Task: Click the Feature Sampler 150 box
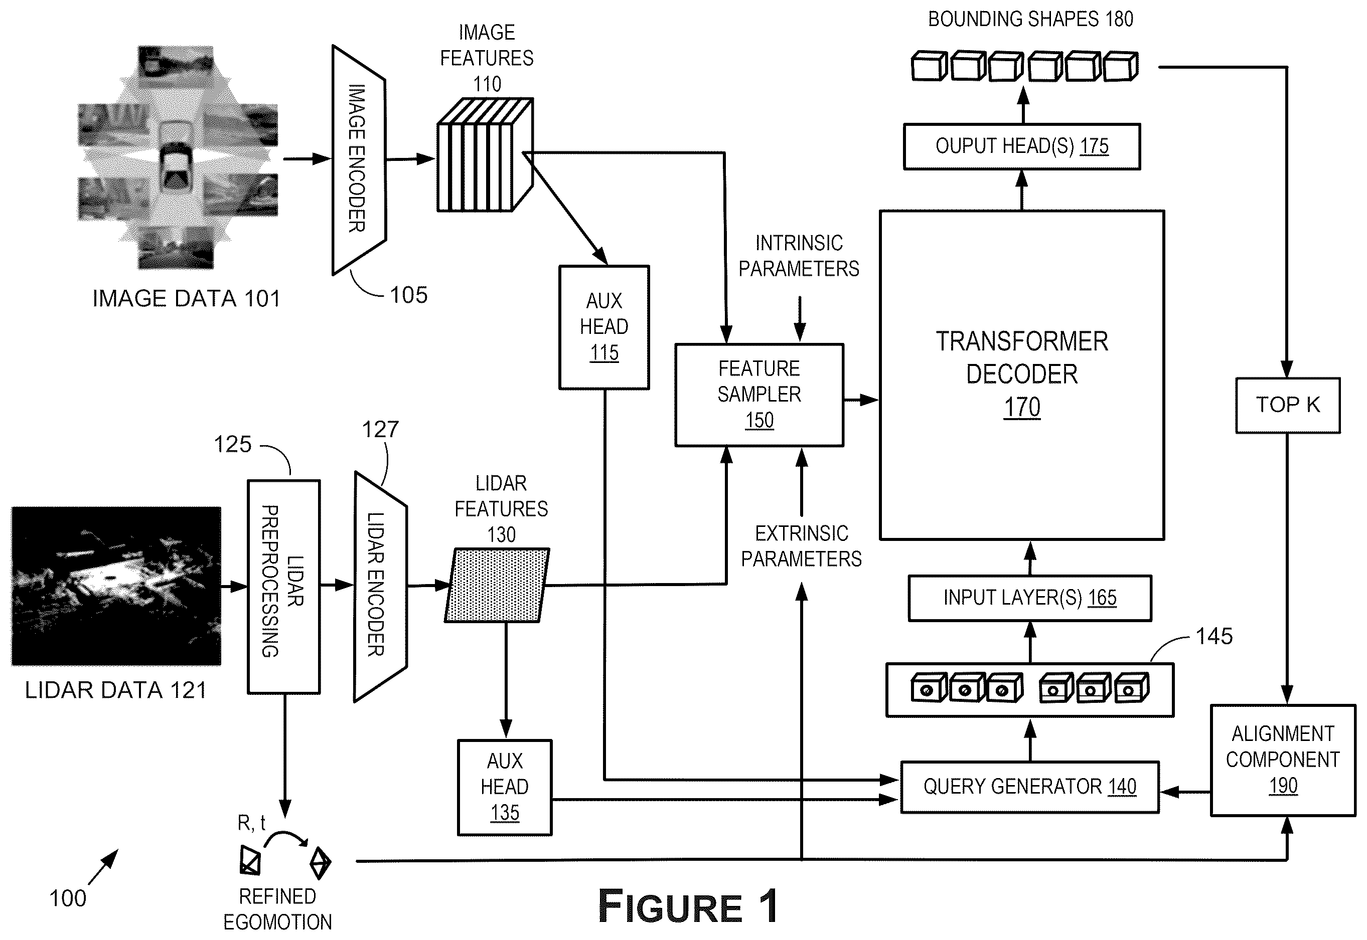coord(759,395)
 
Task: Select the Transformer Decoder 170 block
coord(1022,375)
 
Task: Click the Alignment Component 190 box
coord(1283,760)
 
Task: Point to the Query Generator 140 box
coord(1029,787)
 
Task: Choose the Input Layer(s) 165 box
coord(1029,598)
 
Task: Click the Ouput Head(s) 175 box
coord(1022,146)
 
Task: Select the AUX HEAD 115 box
coord(604,327)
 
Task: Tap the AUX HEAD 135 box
coord(504,788)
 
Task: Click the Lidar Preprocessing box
coord(283,587)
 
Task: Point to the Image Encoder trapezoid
coord(359,159)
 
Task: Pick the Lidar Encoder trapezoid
coord(380,587)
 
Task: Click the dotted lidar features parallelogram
coord(497,585)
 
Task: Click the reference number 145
coord(1214,636)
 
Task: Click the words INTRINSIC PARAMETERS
coord(799,256)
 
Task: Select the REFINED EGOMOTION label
coord(277,909)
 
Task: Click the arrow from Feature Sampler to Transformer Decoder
coord(861,400)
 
